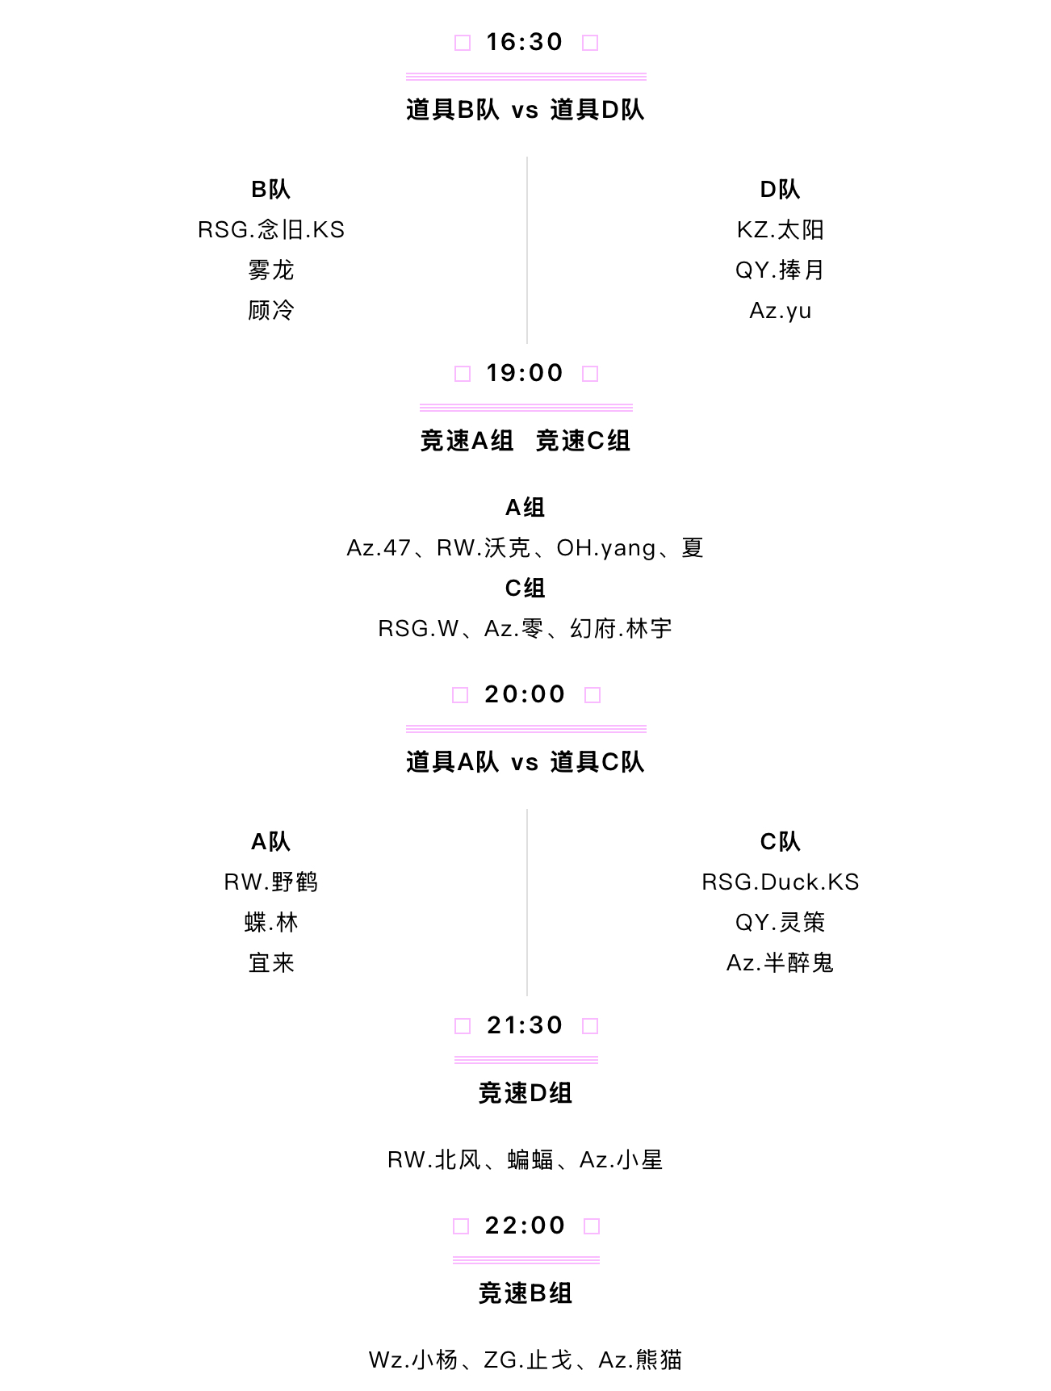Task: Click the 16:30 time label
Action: [x=525, y=42]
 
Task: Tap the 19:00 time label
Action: [x=525, y=373]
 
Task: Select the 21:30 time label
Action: [x=525, y=1025]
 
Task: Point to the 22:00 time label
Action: [x=525, y=1226]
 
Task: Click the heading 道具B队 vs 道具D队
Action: [x=525, y=110]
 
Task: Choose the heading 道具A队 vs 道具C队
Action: [x=525, y=762]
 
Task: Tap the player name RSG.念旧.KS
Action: [x=271, y=230]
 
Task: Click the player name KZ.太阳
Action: [x=781, y=230]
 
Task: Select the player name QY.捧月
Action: [x=781, y=270]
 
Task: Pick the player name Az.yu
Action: [x=781, y=311]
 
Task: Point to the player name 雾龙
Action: [x=271, y=270]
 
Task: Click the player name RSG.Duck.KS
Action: [x=781, y=882]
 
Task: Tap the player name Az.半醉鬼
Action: [x=781, y=963]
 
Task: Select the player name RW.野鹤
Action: [x=271, y=882]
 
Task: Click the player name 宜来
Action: [x=271, y=963]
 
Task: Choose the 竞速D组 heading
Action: [x=525, y=1093]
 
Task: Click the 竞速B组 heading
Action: [x=525, y=1293]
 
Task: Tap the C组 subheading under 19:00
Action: [x=525, y=589]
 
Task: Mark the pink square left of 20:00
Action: [x=460, y=695]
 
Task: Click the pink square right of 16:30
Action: [x=591, y=43]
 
